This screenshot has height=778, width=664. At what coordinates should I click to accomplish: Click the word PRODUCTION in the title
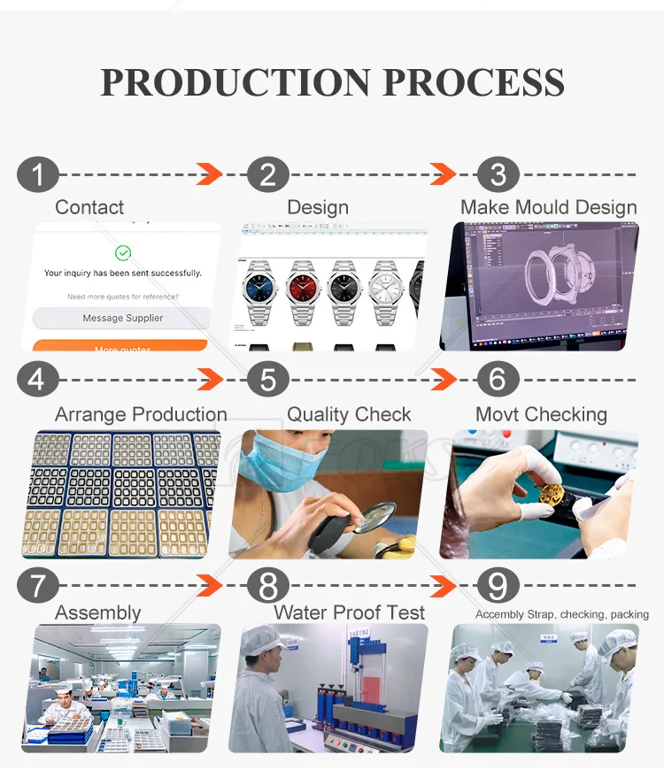coord(235,81)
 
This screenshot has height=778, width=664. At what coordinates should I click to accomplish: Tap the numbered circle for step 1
coord(37,173)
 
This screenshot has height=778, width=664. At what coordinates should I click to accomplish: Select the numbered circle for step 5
coord(268,380)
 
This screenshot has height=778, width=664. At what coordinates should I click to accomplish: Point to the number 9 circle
coord(498,586)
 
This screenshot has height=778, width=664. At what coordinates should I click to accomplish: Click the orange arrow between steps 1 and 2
coord(209,173)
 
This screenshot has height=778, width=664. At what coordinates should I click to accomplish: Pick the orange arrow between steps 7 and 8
coord(209,586)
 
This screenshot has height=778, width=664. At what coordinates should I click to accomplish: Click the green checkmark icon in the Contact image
coord(123,253)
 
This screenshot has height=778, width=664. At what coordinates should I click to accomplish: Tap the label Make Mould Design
coord(548,207)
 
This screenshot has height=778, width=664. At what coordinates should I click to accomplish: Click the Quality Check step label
coord(349,414)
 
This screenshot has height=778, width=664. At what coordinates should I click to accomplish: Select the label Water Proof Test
coord(349,612)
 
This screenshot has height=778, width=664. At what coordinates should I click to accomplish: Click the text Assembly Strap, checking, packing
coord(561,614)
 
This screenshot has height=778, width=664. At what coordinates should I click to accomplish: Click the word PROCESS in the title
coord(473,81)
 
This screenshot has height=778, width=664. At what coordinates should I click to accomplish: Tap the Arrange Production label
coord(141,414)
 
